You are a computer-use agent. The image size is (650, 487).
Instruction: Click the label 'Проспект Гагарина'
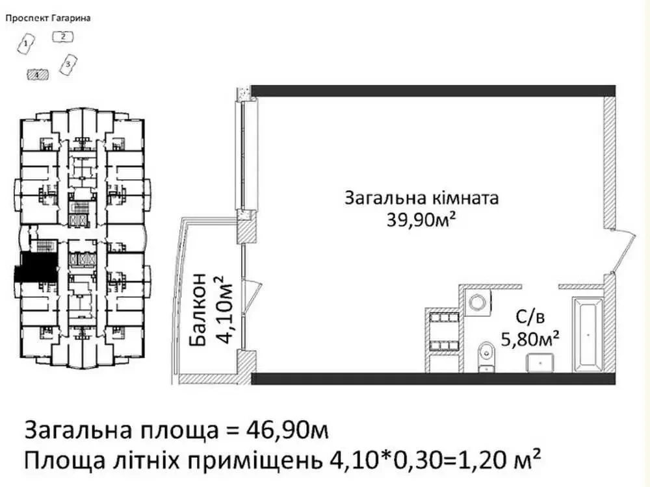[47, 18]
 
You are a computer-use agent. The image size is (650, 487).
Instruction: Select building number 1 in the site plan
[25, 44]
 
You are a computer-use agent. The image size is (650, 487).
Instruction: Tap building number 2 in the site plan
[63, 37]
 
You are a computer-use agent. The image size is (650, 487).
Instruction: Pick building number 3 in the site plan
[68, 64]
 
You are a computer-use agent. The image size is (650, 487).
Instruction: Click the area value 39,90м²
[420, 221]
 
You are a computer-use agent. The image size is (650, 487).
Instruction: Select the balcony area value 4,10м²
[223, 310]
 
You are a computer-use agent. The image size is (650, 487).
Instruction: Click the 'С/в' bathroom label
[530, 317]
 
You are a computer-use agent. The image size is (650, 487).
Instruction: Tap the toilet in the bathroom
[485, 355]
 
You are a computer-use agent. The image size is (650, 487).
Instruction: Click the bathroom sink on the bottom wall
[539, 364]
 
